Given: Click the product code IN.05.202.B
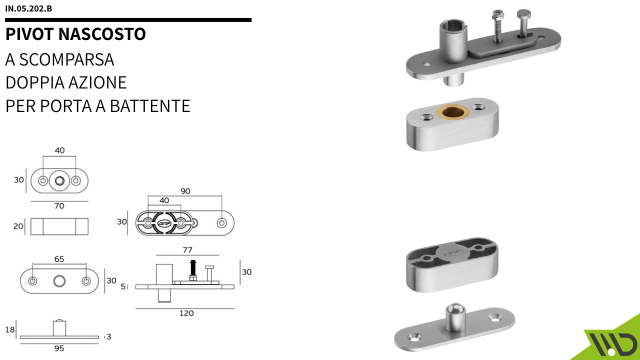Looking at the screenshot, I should click(x=28, y=9).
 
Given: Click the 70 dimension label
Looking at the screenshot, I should click(x=60, y=206).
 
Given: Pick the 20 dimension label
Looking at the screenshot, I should click(x=19, y=226).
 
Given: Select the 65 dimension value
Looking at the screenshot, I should click(x=59, y=259).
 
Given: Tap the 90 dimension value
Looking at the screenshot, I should click(x=184, y=191).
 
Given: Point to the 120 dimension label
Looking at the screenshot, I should click(x=186, y=313).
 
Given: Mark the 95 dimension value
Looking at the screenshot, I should click(x=59, y=349).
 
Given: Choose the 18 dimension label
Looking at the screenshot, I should click(x=10, y=328).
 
